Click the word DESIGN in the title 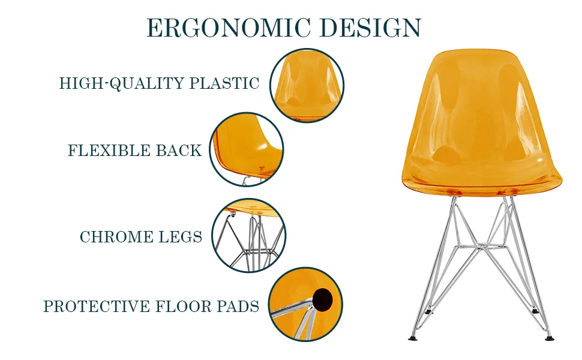tap(370, 28)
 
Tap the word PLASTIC tap(224, 83)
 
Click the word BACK tap(179, 151)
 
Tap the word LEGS tap(181, 237)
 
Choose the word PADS tap(238, 307)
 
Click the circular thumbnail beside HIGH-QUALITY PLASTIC tap(307, 85)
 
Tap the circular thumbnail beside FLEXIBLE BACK tap(247, 149)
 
